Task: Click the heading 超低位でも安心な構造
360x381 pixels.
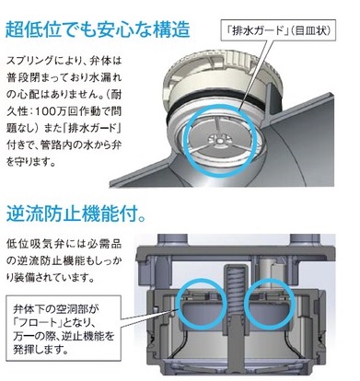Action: (98, 29)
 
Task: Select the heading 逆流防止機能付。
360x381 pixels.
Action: (76, 213)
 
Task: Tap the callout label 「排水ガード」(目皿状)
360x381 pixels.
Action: (278, 31)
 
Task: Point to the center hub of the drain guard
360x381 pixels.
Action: (219, 140)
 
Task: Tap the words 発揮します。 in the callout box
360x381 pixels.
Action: (41, 350)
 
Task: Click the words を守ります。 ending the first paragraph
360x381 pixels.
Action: (31, 161)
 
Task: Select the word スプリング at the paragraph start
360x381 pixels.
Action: (30, 61)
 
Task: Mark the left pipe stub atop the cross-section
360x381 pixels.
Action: (172, 240)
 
